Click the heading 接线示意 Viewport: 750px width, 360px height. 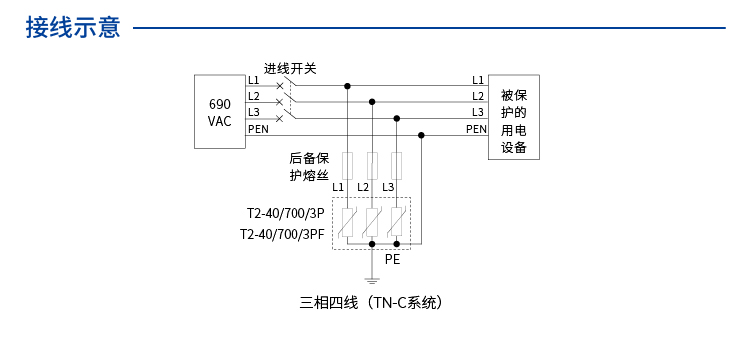coord(73,28)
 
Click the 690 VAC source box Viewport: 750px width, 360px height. coord(219,112)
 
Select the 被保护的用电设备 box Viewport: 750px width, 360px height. coord(513,116)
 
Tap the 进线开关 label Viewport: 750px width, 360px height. coord(290,68)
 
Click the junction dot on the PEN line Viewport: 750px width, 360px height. coord(421,135)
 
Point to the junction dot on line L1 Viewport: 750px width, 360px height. coord(348,85)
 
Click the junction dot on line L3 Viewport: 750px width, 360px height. coord(397,118)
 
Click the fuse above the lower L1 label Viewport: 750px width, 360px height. coord(348,165)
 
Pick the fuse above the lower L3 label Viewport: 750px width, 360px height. coord(397,165)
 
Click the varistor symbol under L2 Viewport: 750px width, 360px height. coord(373,222)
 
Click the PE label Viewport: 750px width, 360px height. coord(393,259)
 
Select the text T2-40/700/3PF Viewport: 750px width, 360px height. coord(282,235)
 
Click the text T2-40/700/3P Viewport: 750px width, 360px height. coord(285,213)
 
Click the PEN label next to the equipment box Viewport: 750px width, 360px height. coord(476,128)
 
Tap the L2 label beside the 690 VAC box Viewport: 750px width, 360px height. coord(254,96)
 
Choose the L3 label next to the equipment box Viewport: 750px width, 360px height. coord(478,112)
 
